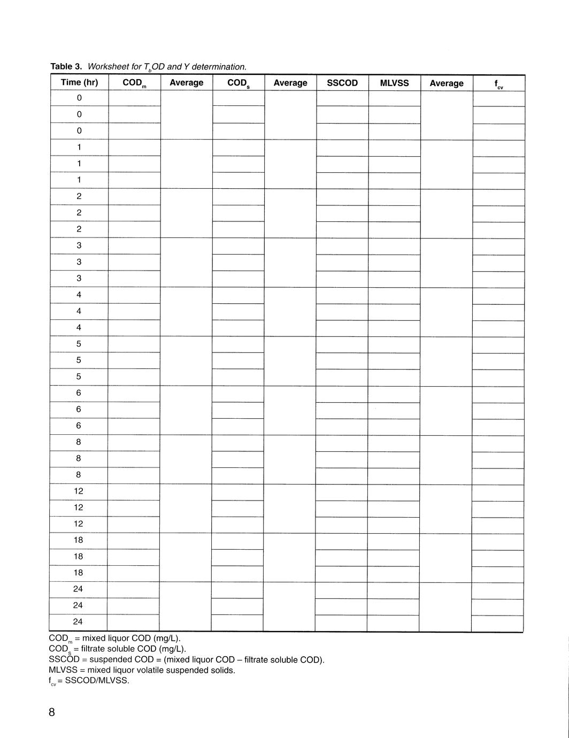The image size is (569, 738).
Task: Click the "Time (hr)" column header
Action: tap(79, 82)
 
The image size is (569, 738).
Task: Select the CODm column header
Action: tap(134, 83)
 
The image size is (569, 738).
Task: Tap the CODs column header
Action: tap(239, 83)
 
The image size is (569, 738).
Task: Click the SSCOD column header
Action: tap(342, 83)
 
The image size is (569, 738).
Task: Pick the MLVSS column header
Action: tap(394, 83)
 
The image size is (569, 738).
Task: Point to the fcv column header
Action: tap(498, 84)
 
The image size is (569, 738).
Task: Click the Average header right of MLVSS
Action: tap(447, 83)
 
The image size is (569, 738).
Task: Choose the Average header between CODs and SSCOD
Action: tap(290, 83)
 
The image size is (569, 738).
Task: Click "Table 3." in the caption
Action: tap(66, 67)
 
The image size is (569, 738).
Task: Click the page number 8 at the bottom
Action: tap(52, 712)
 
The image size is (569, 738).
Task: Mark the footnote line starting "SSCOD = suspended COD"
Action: tap(187, 659)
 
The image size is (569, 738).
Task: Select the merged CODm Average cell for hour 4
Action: tap(186, 312)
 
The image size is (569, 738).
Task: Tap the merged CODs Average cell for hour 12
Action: tap(290, 508)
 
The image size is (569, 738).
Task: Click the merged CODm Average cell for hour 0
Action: tap(187, 115)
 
